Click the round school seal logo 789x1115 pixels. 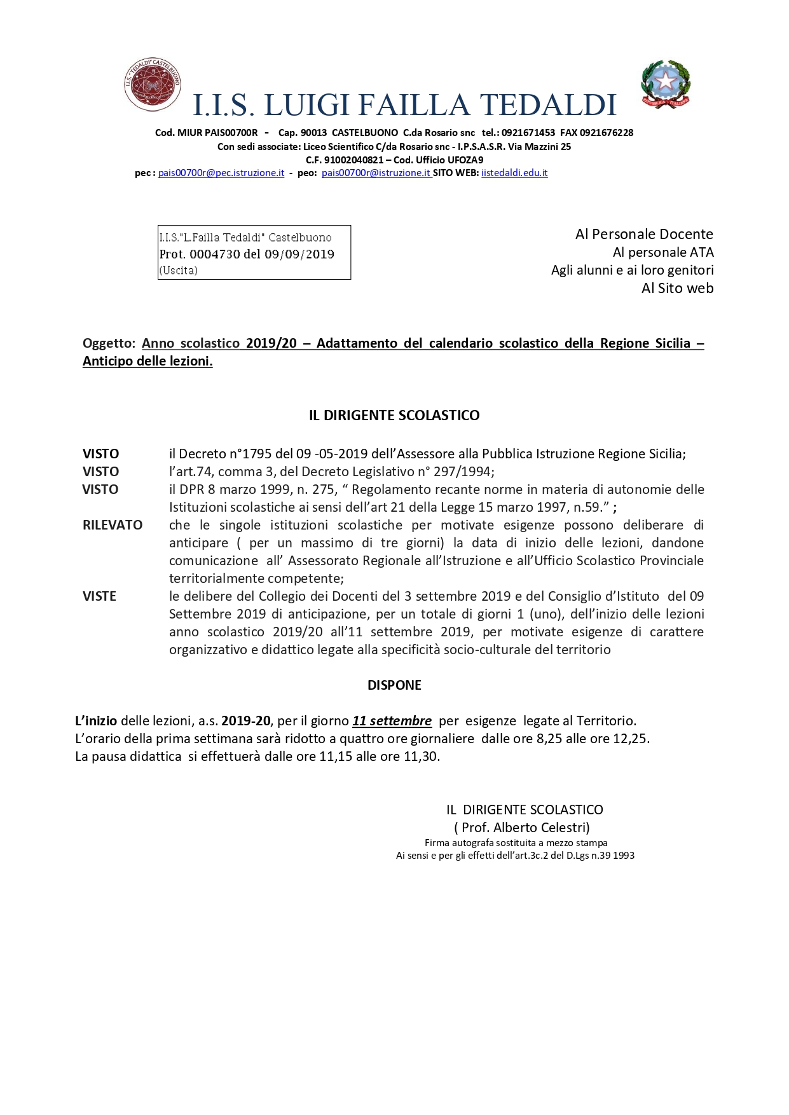click(152, 85)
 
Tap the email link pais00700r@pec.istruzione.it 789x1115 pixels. click(221, 173)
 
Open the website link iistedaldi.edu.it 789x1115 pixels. click(514, 173)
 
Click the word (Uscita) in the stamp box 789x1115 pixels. click(178, 270)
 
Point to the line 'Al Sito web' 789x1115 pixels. click(677, 289)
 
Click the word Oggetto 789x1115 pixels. click(109, 343)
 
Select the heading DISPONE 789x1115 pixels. click(394, 685)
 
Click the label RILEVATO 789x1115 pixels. click(113, 525)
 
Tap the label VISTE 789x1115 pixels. click(99, 596)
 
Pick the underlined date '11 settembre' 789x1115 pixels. click(392, 721)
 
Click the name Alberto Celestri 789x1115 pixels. click(540, 828)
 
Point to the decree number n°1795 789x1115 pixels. click(236, 454)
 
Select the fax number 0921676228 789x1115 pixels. click(606, 133)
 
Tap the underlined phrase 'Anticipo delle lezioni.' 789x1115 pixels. click(148, 361)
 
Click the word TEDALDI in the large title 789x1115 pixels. click(548, 106)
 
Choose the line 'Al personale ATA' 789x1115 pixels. click(662, 252)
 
